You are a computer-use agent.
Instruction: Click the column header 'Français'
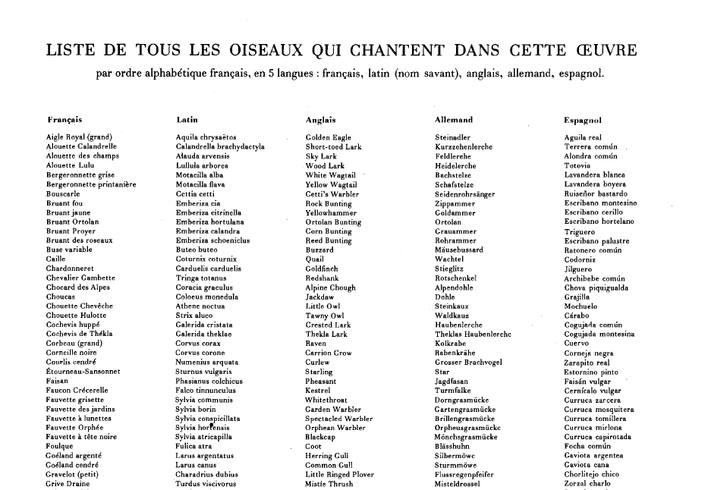pyautogui.click(x=65, y=120)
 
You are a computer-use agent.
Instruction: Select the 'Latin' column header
pyautogui.click(x=187, y=120)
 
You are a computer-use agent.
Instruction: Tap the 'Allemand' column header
pyautogui.click(x=454, y=120)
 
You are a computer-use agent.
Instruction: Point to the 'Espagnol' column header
pyautogui.click(x=583, y=120)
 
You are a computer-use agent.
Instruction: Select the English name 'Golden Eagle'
pyautogui.click(x=328, y=137)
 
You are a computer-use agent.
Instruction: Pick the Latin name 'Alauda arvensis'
pyautogui.click(x=202, y=156)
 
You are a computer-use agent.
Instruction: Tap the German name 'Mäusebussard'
pyautogui.click(x=458, y=250)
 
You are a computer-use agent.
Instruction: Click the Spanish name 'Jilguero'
pyautogui.click(x=578, y=269)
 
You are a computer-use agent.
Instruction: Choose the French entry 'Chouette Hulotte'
pyautogui.click(x=76, y=316)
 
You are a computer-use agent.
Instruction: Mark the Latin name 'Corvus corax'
pyautogui.click(x=198, y=344)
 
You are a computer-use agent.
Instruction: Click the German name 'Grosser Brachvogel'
pyautogui.click(x=468, y=363)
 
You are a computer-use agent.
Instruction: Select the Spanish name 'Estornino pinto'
pyautogui.click(x=591, y=372)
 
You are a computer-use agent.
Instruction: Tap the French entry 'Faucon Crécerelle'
pyautogui.click(x=77, y=391)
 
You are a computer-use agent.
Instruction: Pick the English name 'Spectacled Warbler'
pyautogui.click(x=338, y=419)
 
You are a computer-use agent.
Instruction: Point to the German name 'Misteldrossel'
pyautogui.click(x=458, y=484)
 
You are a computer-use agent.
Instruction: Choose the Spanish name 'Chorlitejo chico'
pyautogui.click(x=592, y=475)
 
